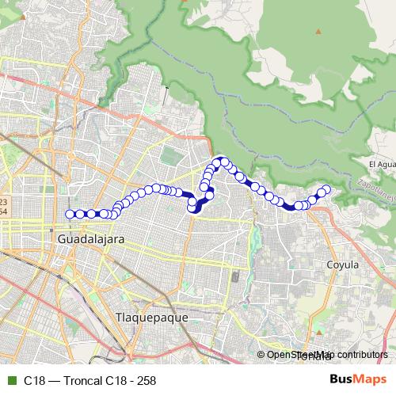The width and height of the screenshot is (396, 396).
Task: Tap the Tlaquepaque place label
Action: pyautogui.click(x=151, y=317)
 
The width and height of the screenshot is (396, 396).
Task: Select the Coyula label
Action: pyautogui.click(x=343, y=265)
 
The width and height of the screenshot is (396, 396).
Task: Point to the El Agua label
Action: pyautogui.click(x=382, y=164)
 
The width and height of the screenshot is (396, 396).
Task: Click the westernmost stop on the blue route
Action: pyautogui.click(x=70, y=214)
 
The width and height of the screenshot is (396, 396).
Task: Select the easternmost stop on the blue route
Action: pyautogui.click(x=326, y=188)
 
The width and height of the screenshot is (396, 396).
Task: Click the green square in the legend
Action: pyautogui.click(x=10, y=380)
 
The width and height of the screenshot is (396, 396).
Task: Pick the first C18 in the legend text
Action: pyautogui.click(x=33, y=380)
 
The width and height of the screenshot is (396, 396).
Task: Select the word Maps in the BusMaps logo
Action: pyautogui.click(x=370, y=379)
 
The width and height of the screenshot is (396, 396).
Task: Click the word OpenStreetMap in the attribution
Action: pyautogui.click(x=298, y=355)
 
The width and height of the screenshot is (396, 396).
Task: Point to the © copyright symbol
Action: pyautogui.click(x=261, y=355)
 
